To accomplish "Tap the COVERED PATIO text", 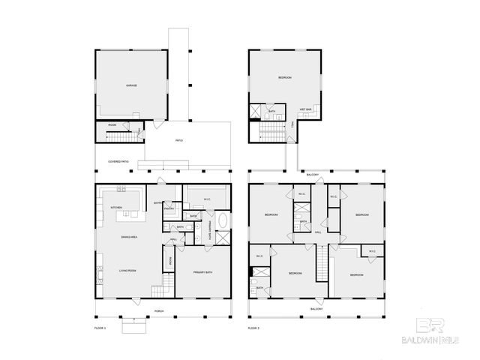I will tap(118, 161).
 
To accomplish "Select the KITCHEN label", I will tap(116, 207).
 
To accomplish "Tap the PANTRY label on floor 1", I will tap(169, 209).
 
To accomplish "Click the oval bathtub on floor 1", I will tap(222, 222).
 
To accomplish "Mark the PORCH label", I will tap(158, 310).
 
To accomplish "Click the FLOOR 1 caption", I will tap(100, 328).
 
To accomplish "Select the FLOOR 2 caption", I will tap(253, 328).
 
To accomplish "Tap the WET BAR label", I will tap(306, 109).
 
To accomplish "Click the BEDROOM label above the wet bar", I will tap(285, 78).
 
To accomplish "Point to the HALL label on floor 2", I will tap(318, 232).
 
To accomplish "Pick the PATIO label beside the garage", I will tap(179, 141).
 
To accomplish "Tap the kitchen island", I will tap(129, 216).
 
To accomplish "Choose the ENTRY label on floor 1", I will tap(157, 203).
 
